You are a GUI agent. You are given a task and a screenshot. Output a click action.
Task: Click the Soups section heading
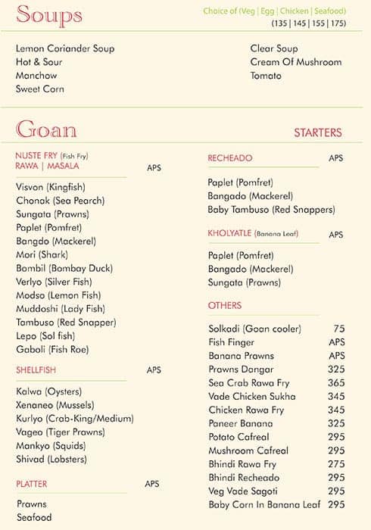[49, 15]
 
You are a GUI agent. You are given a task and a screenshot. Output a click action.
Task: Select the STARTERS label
[317, 132]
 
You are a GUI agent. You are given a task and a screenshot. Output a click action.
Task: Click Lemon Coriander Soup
[65, 48]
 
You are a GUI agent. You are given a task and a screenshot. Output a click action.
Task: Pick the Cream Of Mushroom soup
[296, 62]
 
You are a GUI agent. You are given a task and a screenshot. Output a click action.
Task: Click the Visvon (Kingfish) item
[51, 187]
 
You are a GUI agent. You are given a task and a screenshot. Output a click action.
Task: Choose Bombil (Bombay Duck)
[64, 268]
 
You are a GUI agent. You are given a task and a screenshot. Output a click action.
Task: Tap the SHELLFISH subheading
[36, 370]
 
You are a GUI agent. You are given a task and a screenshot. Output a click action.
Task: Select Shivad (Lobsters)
[51, 459]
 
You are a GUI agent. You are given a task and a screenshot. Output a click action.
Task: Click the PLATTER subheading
[31, 483]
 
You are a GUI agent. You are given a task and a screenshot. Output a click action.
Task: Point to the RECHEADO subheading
[230, 158]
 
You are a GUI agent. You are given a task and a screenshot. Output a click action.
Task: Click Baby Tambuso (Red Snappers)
[271, 210]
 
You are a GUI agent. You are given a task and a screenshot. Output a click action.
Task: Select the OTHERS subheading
[225, 305]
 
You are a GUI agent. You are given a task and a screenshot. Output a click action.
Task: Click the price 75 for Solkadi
[338, 329]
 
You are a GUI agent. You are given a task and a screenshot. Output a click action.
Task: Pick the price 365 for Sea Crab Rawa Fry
[336, 383]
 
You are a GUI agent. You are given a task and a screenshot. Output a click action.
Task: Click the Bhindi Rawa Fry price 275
[336, 464]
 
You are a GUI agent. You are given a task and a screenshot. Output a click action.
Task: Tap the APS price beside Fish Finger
[336, 342]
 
